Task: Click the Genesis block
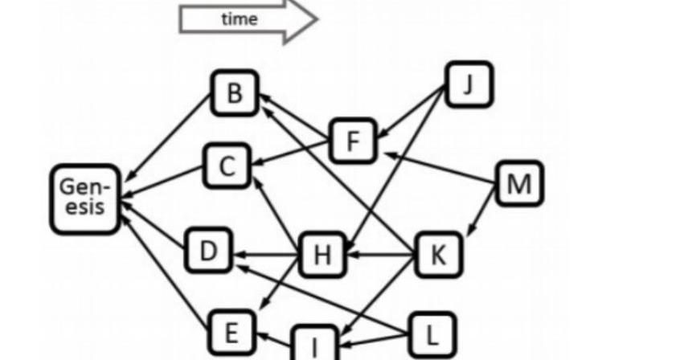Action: [85, 199]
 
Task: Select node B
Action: [235, 93]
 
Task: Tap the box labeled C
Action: [227, 166]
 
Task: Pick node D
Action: [209, 250]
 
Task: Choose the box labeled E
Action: [231, 333]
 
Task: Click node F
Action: [354, 141]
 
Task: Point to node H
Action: [322, 255]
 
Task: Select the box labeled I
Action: [315, 343]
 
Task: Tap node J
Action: [469, 84]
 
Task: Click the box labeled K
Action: [438, 255]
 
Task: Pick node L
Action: [432, 335]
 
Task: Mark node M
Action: [519, 183]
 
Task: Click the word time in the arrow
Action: [240, 19]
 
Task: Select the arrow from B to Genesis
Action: [168, 138]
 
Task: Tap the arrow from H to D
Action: [266, 254]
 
